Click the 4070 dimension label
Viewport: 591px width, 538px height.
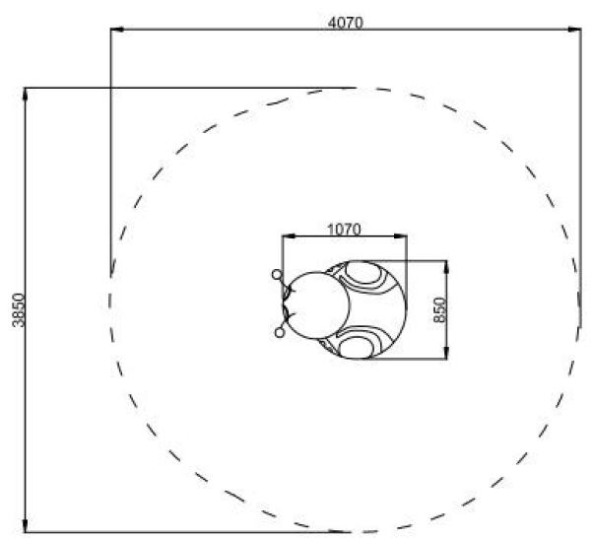pyautogui.click(x=346, y=23)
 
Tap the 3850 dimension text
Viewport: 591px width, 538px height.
pyautogui.click(x=19, y=310)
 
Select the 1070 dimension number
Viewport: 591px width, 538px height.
pyautogui.click(x=344, y=230)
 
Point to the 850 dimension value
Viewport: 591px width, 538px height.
pyautogui.click(x=439, y=310)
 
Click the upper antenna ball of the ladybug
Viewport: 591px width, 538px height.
pyautogui.click(x=277, y=275)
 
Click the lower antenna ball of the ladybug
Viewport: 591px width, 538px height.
pyautogui.click(x=280, y=333)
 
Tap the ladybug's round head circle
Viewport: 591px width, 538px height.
pyautogui.click(x=319, y=305)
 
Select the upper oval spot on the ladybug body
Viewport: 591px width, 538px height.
pyautogui.click(x=362, y=273)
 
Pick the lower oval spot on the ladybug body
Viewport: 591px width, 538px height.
pyautogui.click(x=357, y=348)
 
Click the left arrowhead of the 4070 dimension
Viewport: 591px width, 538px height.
pyautogui.click(x=117, y=29)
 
